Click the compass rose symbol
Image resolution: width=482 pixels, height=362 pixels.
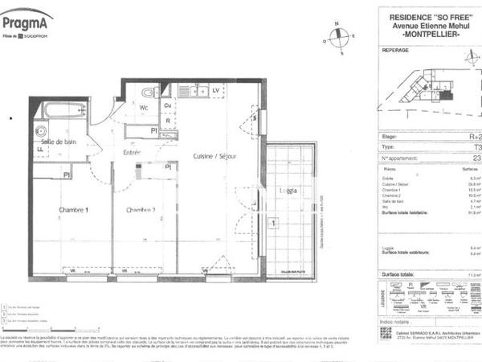[341, 36]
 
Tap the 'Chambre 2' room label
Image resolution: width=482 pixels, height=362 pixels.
[141, 210]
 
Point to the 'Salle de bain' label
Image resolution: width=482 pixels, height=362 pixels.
[59, 142]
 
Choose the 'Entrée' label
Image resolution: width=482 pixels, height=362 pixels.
[132, 152]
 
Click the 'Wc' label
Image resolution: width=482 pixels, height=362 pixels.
[145, 107]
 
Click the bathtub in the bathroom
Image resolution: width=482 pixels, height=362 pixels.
[64, 109]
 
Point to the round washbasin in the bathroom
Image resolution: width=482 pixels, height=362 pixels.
[40, 131]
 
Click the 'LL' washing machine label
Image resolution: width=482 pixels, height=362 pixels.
[39, 149]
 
